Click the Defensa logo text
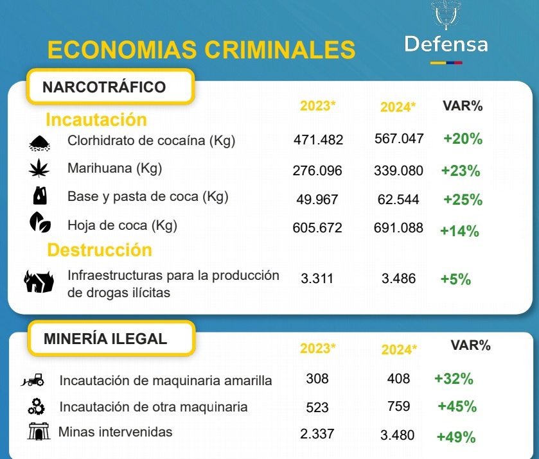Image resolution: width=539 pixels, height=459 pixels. click(446, 44)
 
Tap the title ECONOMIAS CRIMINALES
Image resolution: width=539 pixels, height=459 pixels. click(201, 49)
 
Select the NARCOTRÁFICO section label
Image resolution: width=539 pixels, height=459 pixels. click(104, 87)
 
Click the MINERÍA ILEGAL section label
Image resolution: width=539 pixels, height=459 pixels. click(105, 338)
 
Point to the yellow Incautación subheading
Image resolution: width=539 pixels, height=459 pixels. click(96, 119)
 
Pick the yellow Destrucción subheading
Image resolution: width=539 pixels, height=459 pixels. click(100, 249)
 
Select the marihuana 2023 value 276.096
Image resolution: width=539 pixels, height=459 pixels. click(318, 171)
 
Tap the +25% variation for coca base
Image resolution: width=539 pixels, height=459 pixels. click(463, 200)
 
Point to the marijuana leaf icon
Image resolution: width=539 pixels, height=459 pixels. click(39, 169)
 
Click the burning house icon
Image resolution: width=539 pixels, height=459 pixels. click(39, 282)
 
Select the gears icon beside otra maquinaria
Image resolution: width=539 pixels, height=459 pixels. click(36, 406)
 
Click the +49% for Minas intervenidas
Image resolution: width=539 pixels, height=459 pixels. click(455, 437)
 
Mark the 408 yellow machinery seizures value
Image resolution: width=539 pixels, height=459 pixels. click(398, 379)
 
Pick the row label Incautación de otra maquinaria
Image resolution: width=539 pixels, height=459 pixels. click(154, 407)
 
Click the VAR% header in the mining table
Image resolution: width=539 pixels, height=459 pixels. click(470, 345)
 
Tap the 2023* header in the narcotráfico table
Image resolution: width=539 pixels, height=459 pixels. click(318, 106)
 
